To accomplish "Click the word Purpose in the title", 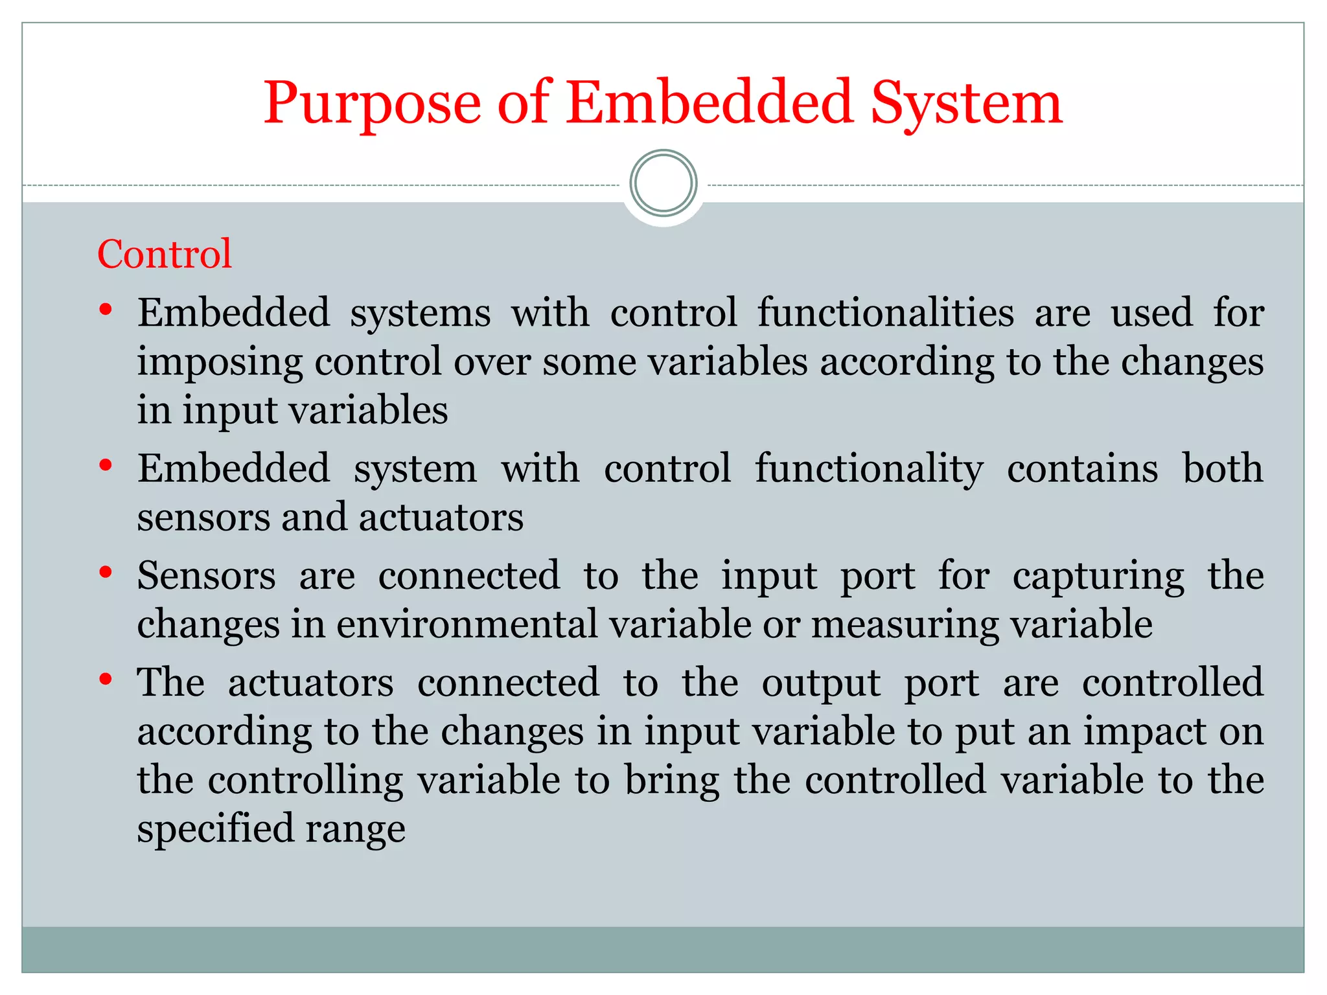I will click(372, 104).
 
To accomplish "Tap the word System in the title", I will click(966, 104).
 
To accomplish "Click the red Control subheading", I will click(165, 254).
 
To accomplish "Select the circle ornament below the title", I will click(663, 183).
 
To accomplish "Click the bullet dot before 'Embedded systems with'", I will click(106, 310).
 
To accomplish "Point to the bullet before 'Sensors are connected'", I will click(106, 572).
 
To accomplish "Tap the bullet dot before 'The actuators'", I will click(106, 679).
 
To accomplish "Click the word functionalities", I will click(886, 313).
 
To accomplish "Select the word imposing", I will click(220, 363).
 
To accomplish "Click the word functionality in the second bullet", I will click(869, 468).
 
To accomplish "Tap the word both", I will click(1223, 468).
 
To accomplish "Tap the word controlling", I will click(305, 781).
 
